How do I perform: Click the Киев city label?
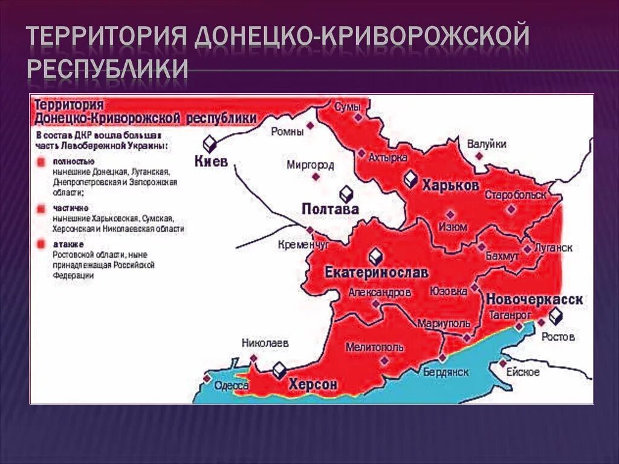tap(211, 162)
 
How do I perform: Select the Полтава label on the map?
tap(330, 209)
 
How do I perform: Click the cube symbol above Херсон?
tap(279, 370)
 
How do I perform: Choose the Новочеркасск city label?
tap(534, 299)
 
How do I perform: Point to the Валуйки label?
tap(487, 144)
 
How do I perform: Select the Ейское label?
tap(523, 372)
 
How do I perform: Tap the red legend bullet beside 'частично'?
tap(41, 208)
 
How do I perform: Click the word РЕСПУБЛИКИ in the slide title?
tap(108, 69)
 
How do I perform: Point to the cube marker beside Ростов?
tap(555, 316)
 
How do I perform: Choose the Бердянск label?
tap(446, 372)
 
